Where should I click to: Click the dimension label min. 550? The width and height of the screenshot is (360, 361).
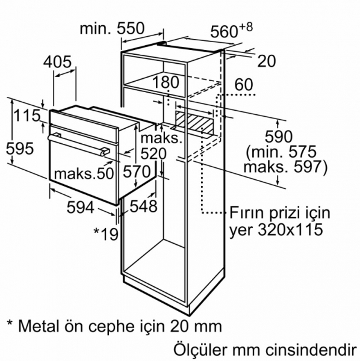point(112,28)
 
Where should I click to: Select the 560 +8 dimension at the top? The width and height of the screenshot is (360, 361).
point(232,30)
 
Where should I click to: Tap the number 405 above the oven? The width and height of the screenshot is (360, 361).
point(58,62)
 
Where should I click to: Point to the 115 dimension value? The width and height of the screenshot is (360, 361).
point(27,115)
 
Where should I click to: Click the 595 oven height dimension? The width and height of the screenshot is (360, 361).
point(20,149)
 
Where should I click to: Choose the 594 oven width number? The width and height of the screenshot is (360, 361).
point(81,207)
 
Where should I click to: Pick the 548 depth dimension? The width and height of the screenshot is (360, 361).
point(143,206)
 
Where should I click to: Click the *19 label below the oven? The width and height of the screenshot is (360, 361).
point(106,233)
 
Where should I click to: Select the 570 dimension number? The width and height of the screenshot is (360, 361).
point(136,171)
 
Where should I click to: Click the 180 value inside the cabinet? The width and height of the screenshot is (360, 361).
point(166,82)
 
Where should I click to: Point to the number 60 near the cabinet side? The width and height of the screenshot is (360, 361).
point(244,84)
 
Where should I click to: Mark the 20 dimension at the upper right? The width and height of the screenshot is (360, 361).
point(266,61)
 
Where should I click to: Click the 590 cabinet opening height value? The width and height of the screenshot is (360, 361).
point(279,137)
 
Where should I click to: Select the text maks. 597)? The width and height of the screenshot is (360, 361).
point(285,167)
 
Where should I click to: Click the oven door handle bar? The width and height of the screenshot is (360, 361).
point(78,144)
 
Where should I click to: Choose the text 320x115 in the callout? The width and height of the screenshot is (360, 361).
point(290,230)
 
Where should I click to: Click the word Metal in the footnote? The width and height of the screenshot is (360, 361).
point(39,326)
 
